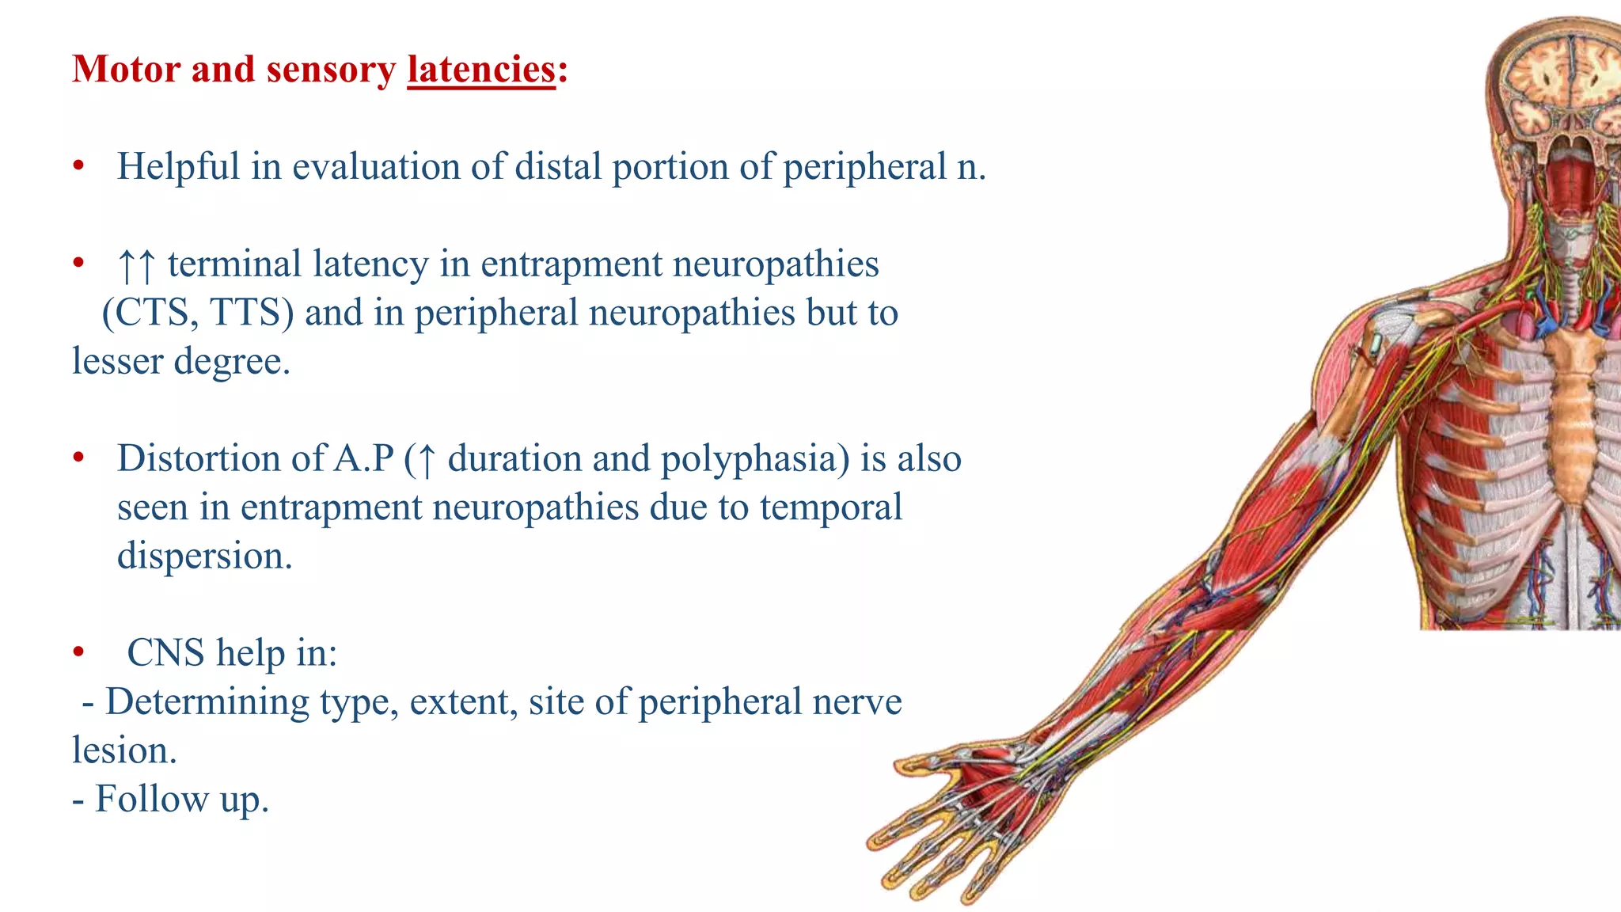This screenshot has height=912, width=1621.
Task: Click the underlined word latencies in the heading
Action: (481, 70)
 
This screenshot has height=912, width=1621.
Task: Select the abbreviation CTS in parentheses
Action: (154, 313)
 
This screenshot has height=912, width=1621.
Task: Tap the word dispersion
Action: (204, 557)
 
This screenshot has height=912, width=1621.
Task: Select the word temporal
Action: (830, 507)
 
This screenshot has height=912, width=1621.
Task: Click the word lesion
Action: (123, 750)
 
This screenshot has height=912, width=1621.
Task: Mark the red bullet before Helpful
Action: (78, 166)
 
